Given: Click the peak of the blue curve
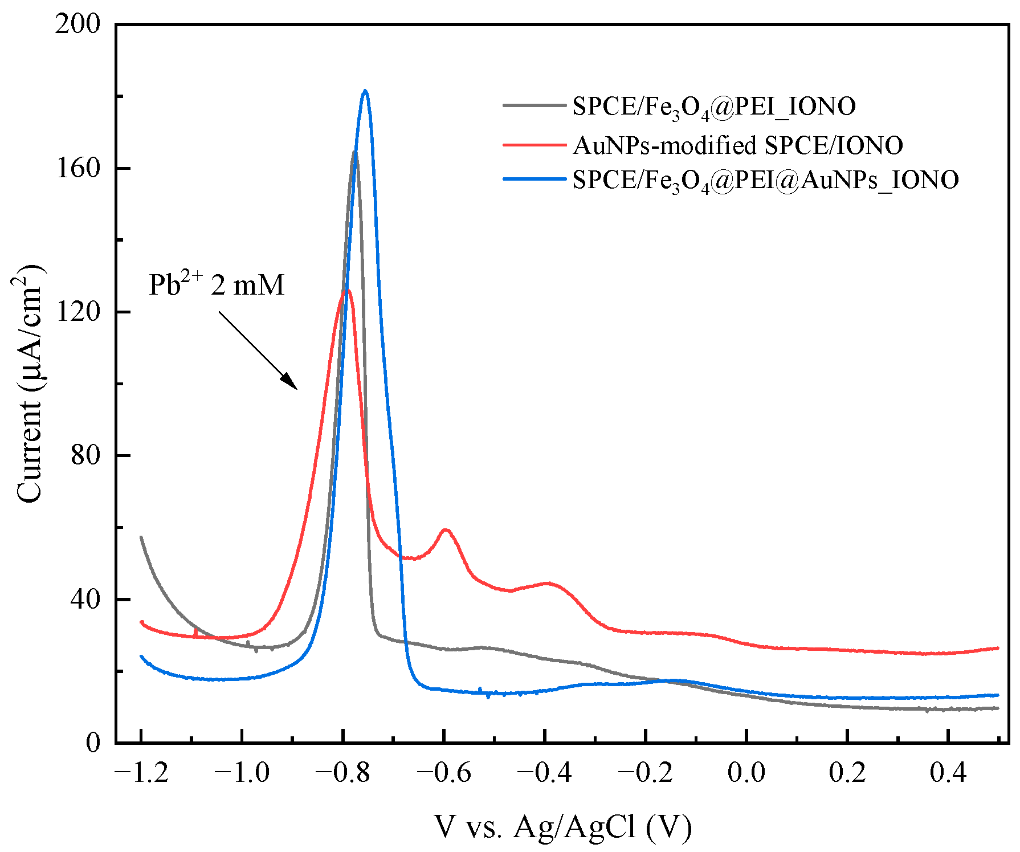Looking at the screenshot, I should click(365, 91).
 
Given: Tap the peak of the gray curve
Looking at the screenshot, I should click(354, 152).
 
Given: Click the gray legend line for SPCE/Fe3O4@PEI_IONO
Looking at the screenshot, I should click(534, 106).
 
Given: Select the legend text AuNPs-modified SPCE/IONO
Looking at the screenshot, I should click(737, 145).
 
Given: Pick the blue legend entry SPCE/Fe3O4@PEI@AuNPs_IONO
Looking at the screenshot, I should click(765, 180).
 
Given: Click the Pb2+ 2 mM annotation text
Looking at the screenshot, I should click(216, 284).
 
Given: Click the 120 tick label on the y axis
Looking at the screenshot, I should click(78, 312).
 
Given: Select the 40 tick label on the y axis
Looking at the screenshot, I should click(85, 599).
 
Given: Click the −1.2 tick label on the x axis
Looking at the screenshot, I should click(141, 773).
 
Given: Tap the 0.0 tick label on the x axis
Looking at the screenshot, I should click(746, 773).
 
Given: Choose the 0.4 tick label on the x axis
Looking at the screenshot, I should click(948, 773).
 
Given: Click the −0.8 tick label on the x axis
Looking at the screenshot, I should click(342, 773).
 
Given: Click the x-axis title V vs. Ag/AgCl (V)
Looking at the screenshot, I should click(562, 827).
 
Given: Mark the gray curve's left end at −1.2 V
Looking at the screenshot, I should click(141, 537).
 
